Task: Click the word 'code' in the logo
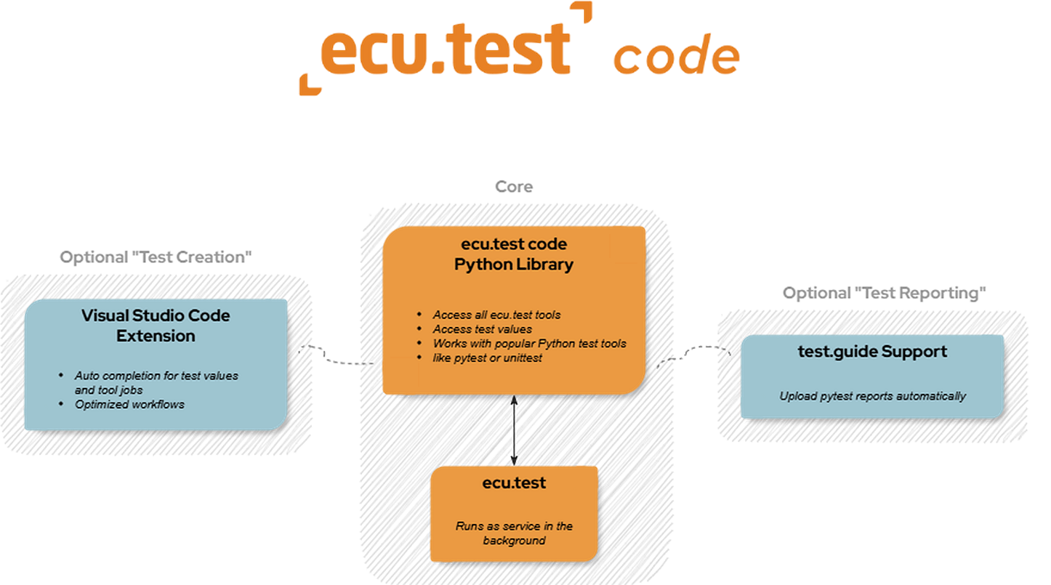click(x=676, y=57)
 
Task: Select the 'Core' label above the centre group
click(x=514, y=187)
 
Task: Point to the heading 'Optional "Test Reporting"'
click(x=884, y=293)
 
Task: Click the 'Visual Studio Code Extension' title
click(x=156, y=326)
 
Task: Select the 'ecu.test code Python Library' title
click(x=514, y=254)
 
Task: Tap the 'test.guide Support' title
click(x=872, y=352)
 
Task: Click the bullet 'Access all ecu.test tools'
click(x=496, y=315)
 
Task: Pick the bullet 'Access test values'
click(x=482, y=329)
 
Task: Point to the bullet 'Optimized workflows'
click(x=129, y=404)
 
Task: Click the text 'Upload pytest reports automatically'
click(x=872, y=396)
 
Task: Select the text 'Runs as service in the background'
click(x=514, y=533)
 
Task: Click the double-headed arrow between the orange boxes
click(x=514, y=430)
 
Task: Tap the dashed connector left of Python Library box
click(x=339, y=355)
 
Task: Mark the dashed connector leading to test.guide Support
click(x=694, y=354)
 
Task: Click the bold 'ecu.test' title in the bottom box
click(x=514, y=483)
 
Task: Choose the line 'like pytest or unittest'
click(x=487, y=358)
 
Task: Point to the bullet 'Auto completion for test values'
click(x=156, y=376)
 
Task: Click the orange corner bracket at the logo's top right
click(x=581, y=14)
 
